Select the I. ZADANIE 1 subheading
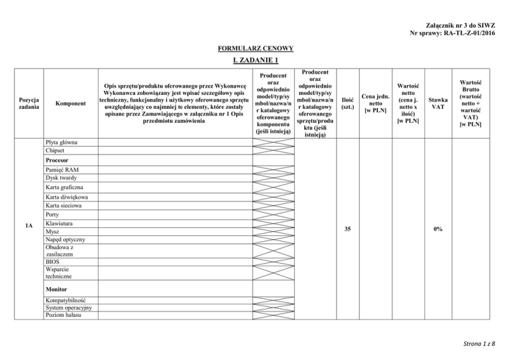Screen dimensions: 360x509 point(254,61)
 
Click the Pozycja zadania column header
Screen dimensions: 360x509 point(28,104)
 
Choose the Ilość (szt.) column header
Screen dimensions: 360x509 point(347,103)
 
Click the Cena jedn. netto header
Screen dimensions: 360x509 point(375,104)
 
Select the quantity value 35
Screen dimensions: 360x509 point(347,229)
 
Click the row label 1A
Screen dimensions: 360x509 point(28,229)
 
